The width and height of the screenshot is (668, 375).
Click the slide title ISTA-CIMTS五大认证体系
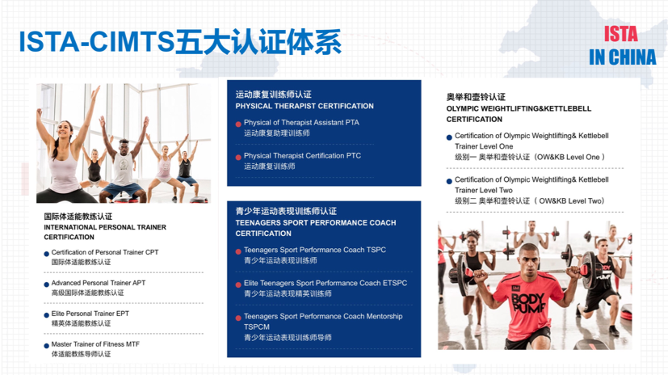click(179, 40)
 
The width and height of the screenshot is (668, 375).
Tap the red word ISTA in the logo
click(620, 34)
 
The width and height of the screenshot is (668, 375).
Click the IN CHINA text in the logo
click(622, 57)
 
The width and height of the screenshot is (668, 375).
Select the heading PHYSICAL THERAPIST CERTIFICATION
click(305, 106)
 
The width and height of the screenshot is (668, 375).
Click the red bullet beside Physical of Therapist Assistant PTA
click(238, 124)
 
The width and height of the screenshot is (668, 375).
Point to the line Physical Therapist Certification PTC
click(302, 156)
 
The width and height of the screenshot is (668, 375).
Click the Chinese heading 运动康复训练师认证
click(273, 95)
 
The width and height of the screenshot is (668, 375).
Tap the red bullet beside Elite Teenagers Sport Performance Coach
click(238, 284)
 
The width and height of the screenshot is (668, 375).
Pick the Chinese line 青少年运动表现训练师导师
click(288, 338)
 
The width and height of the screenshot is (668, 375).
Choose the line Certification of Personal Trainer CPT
click(105, 253)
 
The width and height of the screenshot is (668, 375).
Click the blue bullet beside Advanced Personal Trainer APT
click(46, 284)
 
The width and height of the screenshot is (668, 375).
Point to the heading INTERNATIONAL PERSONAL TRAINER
click(105, 227)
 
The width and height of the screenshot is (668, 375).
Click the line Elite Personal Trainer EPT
click(90, 314)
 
